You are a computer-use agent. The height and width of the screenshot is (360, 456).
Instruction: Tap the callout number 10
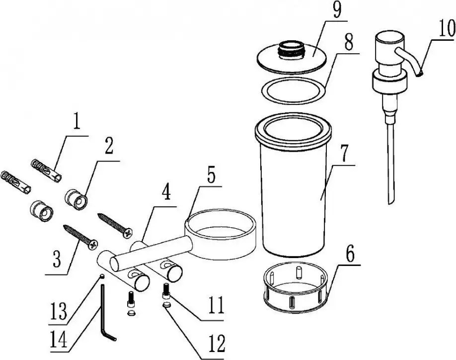coord(446,28)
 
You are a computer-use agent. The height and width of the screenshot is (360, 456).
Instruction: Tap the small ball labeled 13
coord(102,276)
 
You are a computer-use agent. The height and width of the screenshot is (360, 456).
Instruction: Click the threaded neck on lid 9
coord(291,49)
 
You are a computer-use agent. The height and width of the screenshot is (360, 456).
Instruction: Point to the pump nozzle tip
coord(419,75)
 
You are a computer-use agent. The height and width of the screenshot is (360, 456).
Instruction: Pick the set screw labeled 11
coord(165,291)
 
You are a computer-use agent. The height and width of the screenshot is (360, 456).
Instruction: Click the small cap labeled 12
coord(166,305)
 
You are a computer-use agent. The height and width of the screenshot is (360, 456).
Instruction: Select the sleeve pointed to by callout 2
coord(76,199)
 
